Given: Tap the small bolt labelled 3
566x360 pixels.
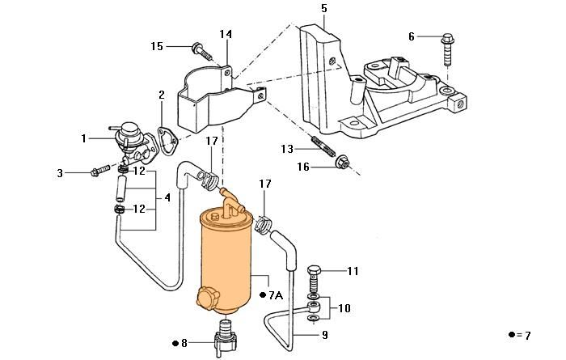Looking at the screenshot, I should tap(99, 172).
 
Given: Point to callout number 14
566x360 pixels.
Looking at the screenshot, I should tap(226, 34).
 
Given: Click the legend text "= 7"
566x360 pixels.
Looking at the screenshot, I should tap(523, 335).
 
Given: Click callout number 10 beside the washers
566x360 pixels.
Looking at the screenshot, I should tap(345, 307).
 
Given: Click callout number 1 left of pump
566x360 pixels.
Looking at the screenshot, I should tap(83, 139).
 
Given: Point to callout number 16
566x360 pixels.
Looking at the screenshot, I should tap(304, 167).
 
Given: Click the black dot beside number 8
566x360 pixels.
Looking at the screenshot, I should tap(175, 343).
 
